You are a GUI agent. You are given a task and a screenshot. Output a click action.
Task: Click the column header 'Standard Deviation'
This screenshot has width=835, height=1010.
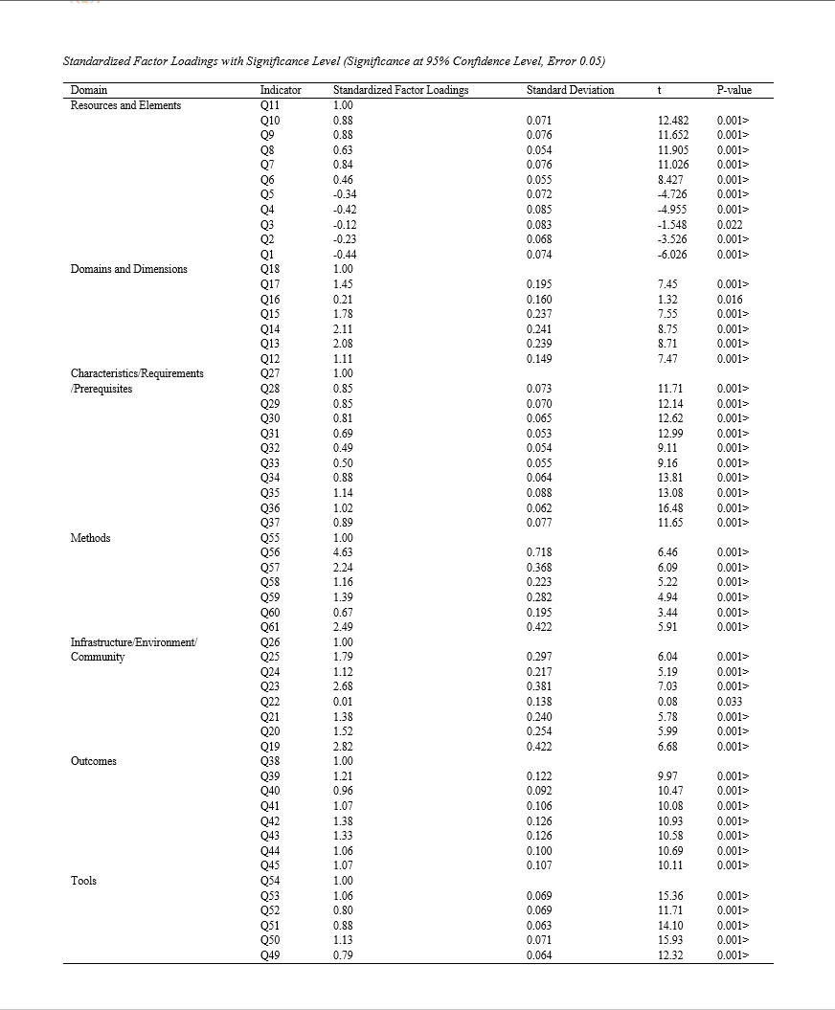571,90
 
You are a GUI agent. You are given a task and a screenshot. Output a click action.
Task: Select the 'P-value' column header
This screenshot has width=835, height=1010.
733,90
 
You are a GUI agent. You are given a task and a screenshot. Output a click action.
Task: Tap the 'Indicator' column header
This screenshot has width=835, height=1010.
281,90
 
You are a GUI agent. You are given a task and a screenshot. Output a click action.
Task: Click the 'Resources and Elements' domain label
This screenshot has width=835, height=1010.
125,105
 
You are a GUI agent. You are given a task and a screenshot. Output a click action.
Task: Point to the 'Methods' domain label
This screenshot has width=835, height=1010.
91,538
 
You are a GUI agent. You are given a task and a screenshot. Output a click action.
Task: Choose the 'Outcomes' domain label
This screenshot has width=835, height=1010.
95,762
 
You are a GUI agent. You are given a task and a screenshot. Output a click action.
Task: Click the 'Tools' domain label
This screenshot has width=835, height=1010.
84,881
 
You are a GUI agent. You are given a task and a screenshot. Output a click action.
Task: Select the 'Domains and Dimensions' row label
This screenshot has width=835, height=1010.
129,269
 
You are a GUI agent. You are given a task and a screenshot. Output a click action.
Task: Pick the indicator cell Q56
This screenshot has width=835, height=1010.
271,552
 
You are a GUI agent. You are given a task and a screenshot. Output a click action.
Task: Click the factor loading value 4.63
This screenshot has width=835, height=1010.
343,552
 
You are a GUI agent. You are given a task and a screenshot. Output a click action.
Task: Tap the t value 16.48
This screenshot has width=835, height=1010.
671,507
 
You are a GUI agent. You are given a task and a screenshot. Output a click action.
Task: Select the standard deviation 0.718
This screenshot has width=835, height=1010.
540,552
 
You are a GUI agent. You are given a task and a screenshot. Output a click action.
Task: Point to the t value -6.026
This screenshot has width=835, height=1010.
673,254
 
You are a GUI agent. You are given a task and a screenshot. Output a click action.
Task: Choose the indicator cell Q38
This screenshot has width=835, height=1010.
271,762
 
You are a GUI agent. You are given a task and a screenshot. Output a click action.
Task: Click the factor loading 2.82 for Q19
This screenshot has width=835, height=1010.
343,747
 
